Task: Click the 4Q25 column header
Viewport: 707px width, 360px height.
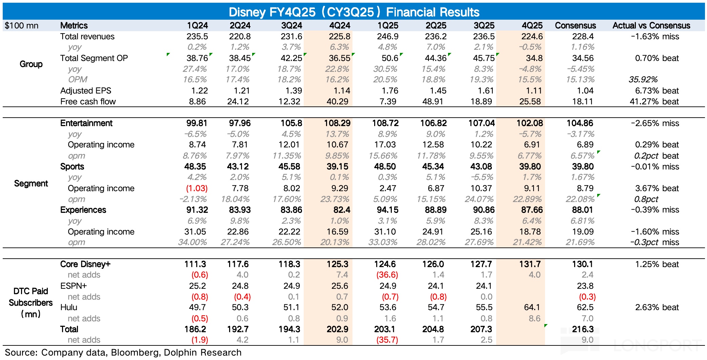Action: click(x=532, y=25)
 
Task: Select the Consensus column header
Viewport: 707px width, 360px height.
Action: click(x=575, y=25)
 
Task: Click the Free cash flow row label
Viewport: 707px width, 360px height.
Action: click(x=88, y=102)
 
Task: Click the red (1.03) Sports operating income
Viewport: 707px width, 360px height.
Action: click(x=197, y=188)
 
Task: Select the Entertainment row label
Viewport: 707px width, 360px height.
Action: click(x=86, y=123)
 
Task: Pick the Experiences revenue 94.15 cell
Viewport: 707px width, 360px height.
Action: click(x=387, y=210)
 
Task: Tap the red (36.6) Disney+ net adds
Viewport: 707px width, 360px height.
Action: click(x=387, y=275)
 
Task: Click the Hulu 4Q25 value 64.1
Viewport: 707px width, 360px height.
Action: click(x=532, y=307)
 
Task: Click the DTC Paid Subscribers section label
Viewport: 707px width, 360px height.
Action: click(x=31, y=302)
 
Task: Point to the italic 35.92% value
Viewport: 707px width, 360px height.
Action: click(x=643, y=80)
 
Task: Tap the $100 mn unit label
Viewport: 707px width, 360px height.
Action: click(x=22, y=26)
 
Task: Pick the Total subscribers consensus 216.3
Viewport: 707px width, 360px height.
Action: click(x=583, y=329)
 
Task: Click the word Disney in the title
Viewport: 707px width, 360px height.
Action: click(x=247, y=12)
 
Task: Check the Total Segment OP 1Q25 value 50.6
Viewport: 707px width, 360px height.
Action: click(x=390, y=58)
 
